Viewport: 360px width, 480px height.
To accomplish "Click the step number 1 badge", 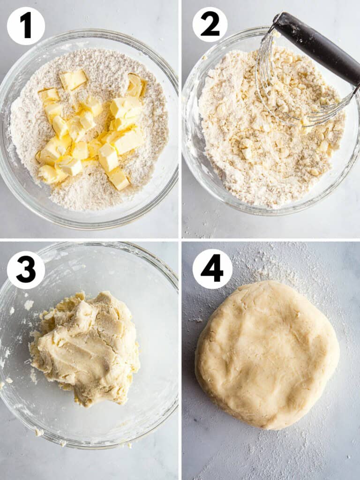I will click(x=26, y=26).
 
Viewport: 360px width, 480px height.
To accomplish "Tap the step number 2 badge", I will click(x=210, y=24).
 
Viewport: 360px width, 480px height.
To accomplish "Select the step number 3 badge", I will click(x=26, y=270).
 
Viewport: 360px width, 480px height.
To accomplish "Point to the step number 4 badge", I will click(x=212, y=269).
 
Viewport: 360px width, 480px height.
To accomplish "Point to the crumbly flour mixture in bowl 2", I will click(x=262, y=155).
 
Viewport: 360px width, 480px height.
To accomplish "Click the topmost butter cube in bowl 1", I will click(x=74, y=79).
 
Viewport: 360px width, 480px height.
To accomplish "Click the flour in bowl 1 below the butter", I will click(x=84, y=197).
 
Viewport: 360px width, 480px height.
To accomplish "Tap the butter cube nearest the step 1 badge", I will click(x=49, y=95).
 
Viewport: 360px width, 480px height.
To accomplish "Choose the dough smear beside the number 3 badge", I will click(x=28, y=305).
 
